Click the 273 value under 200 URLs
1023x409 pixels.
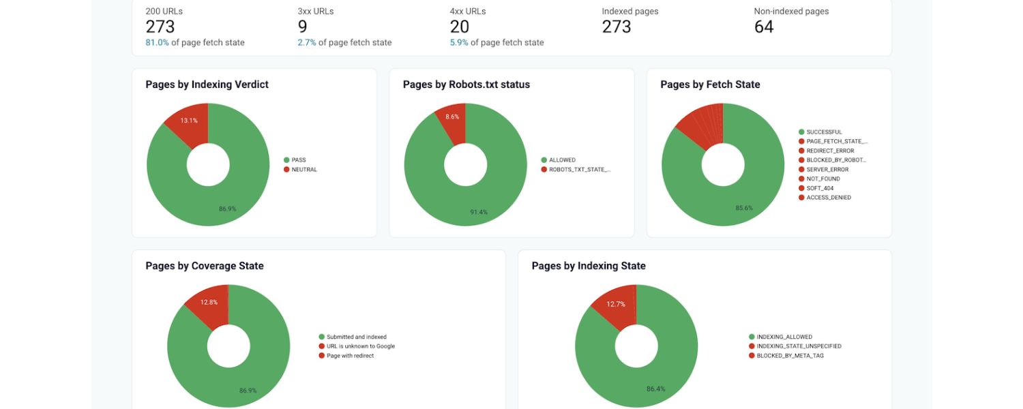coord(160,27)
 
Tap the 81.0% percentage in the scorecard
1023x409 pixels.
coord(157,42)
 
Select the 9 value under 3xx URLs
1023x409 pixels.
coord(302,27)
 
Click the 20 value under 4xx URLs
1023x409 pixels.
coord(460,27)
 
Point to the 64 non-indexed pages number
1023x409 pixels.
coord(764,27)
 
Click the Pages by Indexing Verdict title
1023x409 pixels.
coord(207,85)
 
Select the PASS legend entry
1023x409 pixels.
coord(299,160)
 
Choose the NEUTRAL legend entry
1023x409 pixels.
coord(304,170)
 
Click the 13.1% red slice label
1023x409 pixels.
coord(189,121)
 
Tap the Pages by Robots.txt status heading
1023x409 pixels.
coord(466,85)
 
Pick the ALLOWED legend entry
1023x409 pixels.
coord(562,160)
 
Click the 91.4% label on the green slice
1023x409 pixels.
coord(479,212)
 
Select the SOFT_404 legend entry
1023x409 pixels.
coord(820,188)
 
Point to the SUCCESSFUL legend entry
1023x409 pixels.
coord(824,132)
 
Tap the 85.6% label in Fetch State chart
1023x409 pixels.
coord(745,208)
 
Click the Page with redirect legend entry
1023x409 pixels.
coord(350,356)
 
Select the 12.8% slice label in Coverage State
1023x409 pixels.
coord(209,302)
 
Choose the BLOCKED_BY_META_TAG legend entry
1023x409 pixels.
coord(790,356)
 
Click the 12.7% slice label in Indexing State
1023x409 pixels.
coord(616,304)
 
